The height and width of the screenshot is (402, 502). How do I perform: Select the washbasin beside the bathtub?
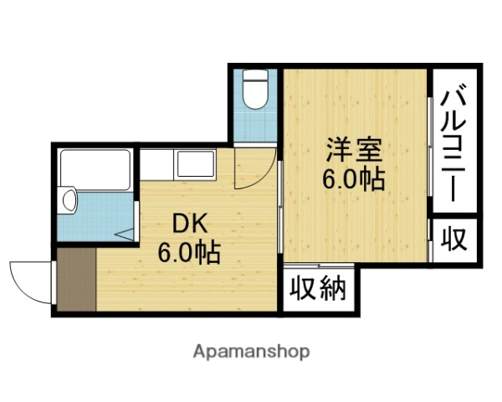click(70, 201)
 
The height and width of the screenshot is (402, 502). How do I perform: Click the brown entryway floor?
click(75, 280)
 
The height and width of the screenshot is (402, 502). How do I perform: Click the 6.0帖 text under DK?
click(191, 251)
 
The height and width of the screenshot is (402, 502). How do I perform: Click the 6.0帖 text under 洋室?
click(354, 178)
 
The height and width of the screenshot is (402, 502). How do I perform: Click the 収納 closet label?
click(318, 290)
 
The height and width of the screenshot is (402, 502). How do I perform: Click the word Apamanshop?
click(251, 351)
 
